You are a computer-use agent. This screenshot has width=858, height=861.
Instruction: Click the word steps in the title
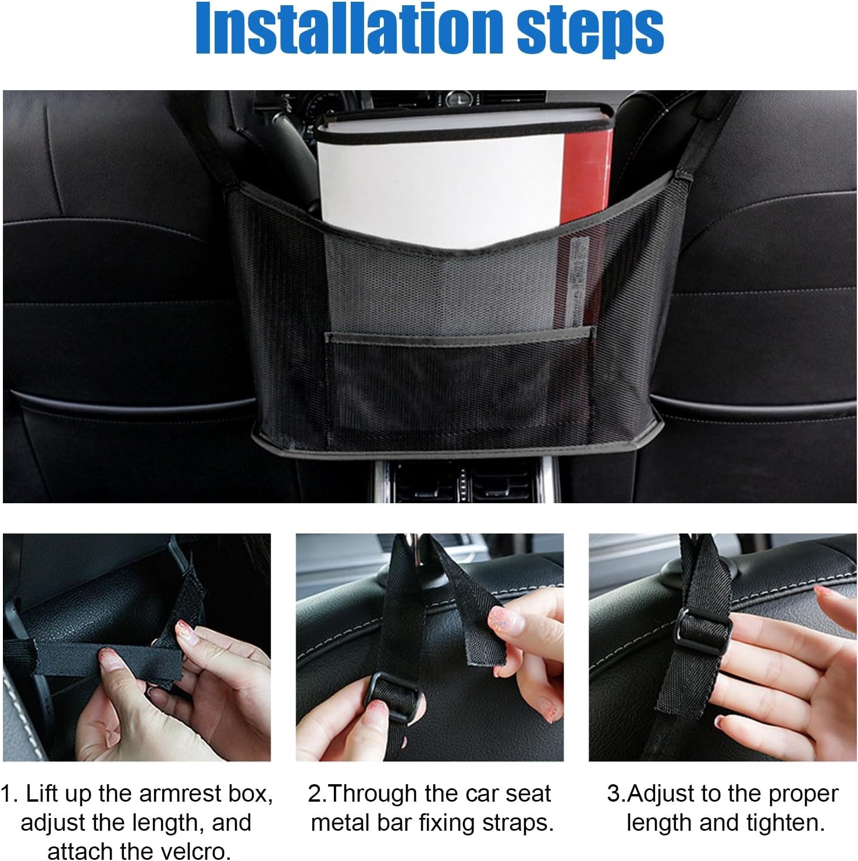(x=590, y=31)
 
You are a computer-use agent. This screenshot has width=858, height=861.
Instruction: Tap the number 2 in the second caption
(x=315, y=794)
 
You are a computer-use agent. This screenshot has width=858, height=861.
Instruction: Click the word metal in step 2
(x=341, y=823)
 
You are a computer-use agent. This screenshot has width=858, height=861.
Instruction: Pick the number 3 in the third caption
(x=614, y=794)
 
